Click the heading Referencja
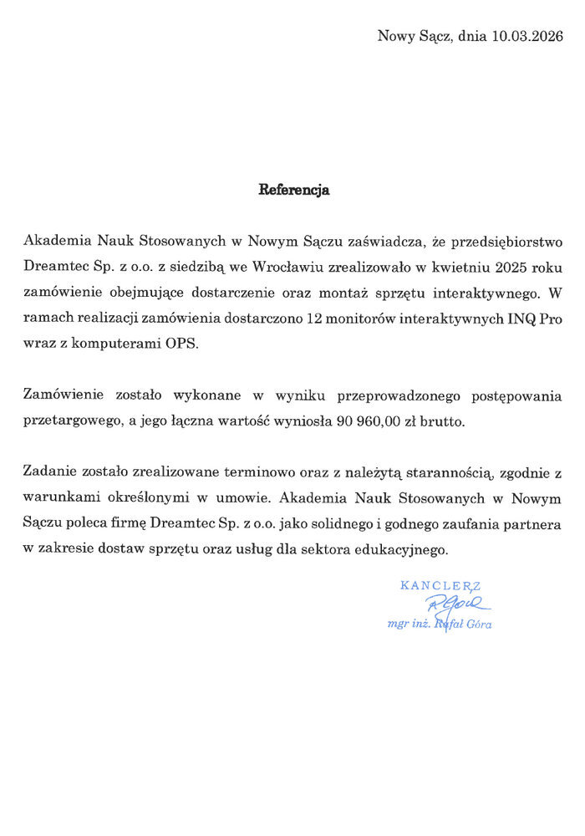293,190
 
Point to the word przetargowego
64,422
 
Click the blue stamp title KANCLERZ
440,586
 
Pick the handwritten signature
455,604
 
